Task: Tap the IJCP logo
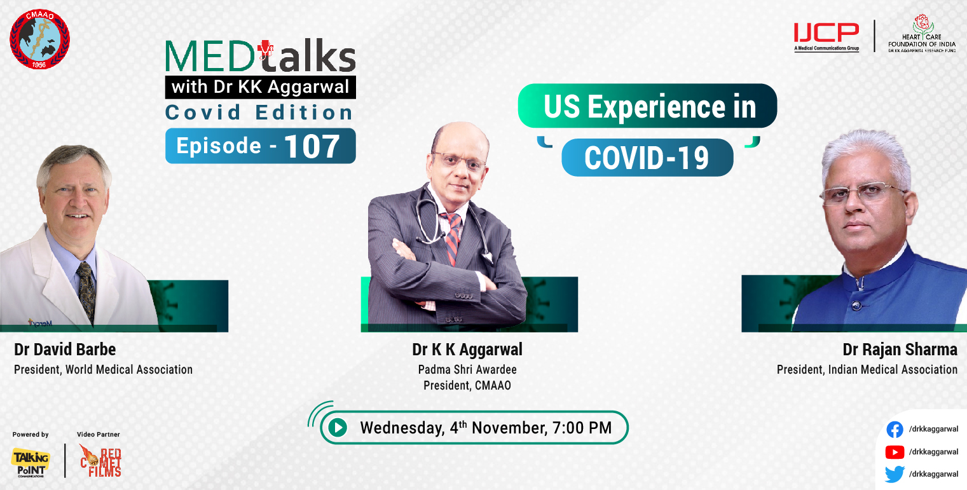[826, 34]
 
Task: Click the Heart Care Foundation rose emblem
[920, 23]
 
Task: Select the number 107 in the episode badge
[312, 146]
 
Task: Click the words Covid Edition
[259, 112]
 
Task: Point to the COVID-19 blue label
[647, 158]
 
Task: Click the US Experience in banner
[648, 106]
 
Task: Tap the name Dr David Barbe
[65, 350]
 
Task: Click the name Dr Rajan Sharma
[900, 350]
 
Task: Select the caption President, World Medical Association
[103, 369]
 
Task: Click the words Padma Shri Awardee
[467, 369]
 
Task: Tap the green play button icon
[338, 428]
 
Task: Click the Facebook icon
[895, 430]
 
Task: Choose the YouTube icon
[895, 452]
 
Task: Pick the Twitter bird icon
[895, 474]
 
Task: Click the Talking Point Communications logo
[31, 462]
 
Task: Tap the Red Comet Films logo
[100, 460]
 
